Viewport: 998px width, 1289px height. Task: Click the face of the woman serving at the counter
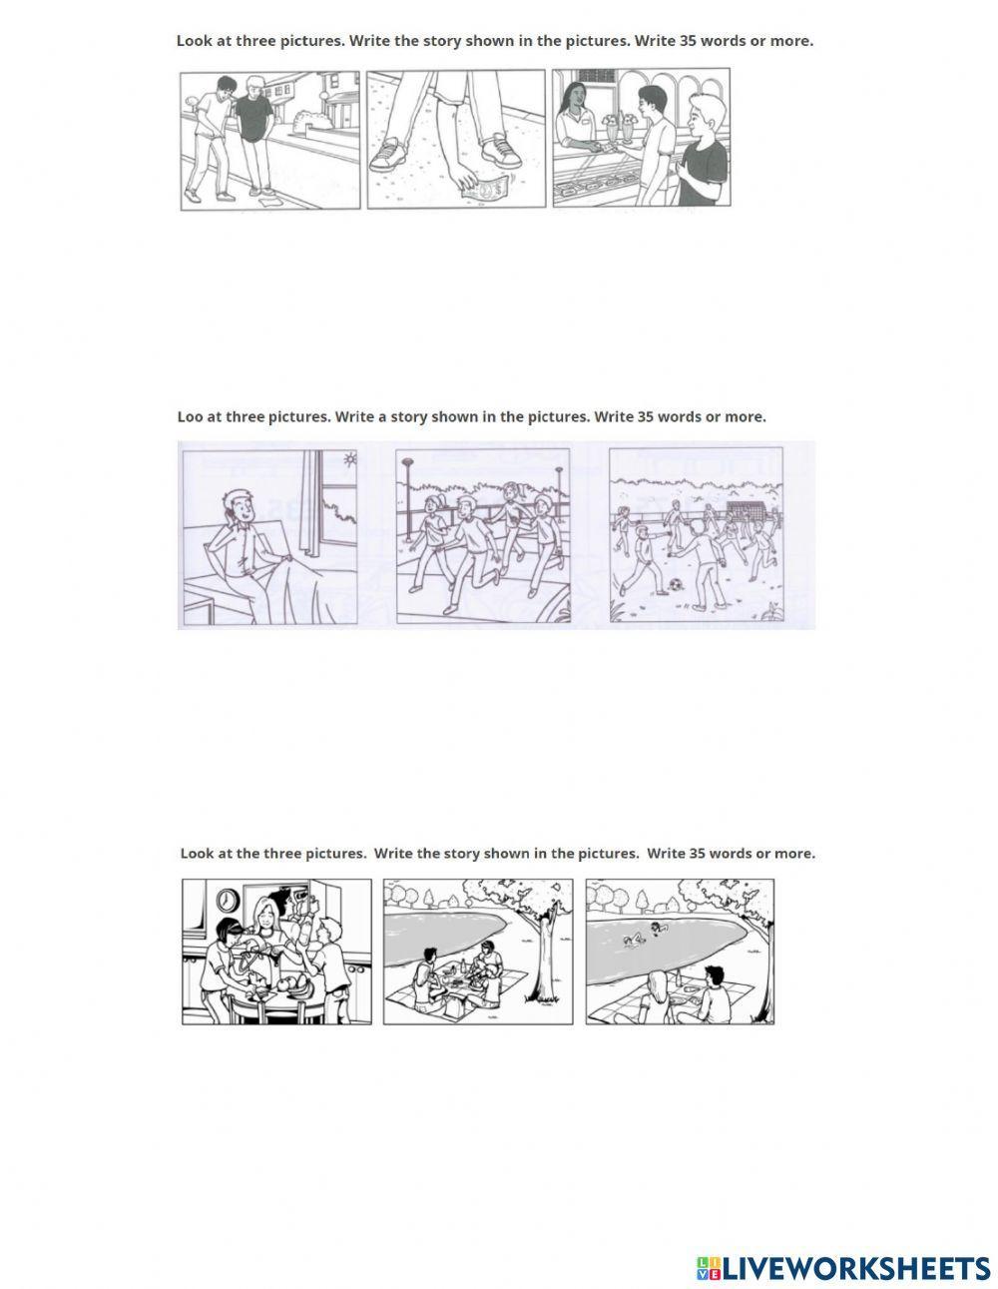point(574,97)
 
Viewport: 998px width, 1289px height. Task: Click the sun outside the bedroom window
point(351,458)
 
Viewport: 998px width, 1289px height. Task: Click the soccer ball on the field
point(674,586)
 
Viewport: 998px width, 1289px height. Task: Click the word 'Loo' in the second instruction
point(190,416)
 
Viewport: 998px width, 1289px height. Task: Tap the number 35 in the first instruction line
point(689,41)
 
